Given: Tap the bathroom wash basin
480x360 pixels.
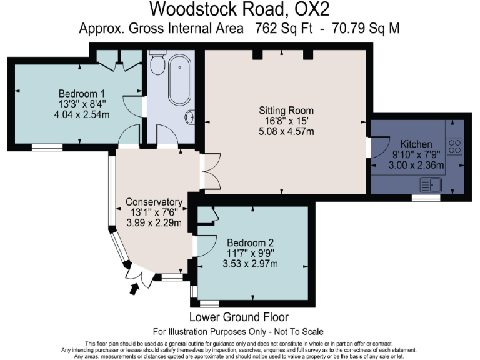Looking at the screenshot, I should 191,117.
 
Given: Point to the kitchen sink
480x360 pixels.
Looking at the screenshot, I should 431,184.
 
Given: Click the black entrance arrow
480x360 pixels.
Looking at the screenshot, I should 132,289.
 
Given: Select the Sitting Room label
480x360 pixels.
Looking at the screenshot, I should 286,110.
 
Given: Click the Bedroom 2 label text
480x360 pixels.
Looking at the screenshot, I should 250,242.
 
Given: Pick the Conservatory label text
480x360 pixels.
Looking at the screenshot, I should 153,202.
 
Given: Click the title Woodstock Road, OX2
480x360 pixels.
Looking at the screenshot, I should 240,10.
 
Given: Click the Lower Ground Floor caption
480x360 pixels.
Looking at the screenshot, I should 239,317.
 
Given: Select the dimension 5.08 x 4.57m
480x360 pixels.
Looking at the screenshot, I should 286,131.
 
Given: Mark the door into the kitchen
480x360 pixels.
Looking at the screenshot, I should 372,149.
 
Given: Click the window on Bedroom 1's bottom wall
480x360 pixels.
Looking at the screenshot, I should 47,147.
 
